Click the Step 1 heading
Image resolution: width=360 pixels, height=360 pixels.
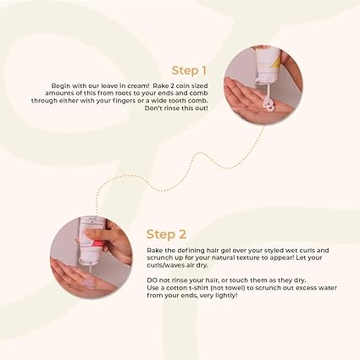coord(189,70)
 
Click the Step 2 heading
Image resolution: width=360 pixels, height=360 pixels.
coord(166,235)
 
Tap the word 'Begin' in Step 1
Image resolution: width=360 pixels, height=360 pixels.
coord(60,86)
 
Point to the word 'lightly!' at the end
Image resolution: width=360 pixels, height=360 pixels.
coord(226,296)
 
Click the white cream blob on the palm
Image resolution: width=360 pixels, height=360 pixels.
coord(268,103)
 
